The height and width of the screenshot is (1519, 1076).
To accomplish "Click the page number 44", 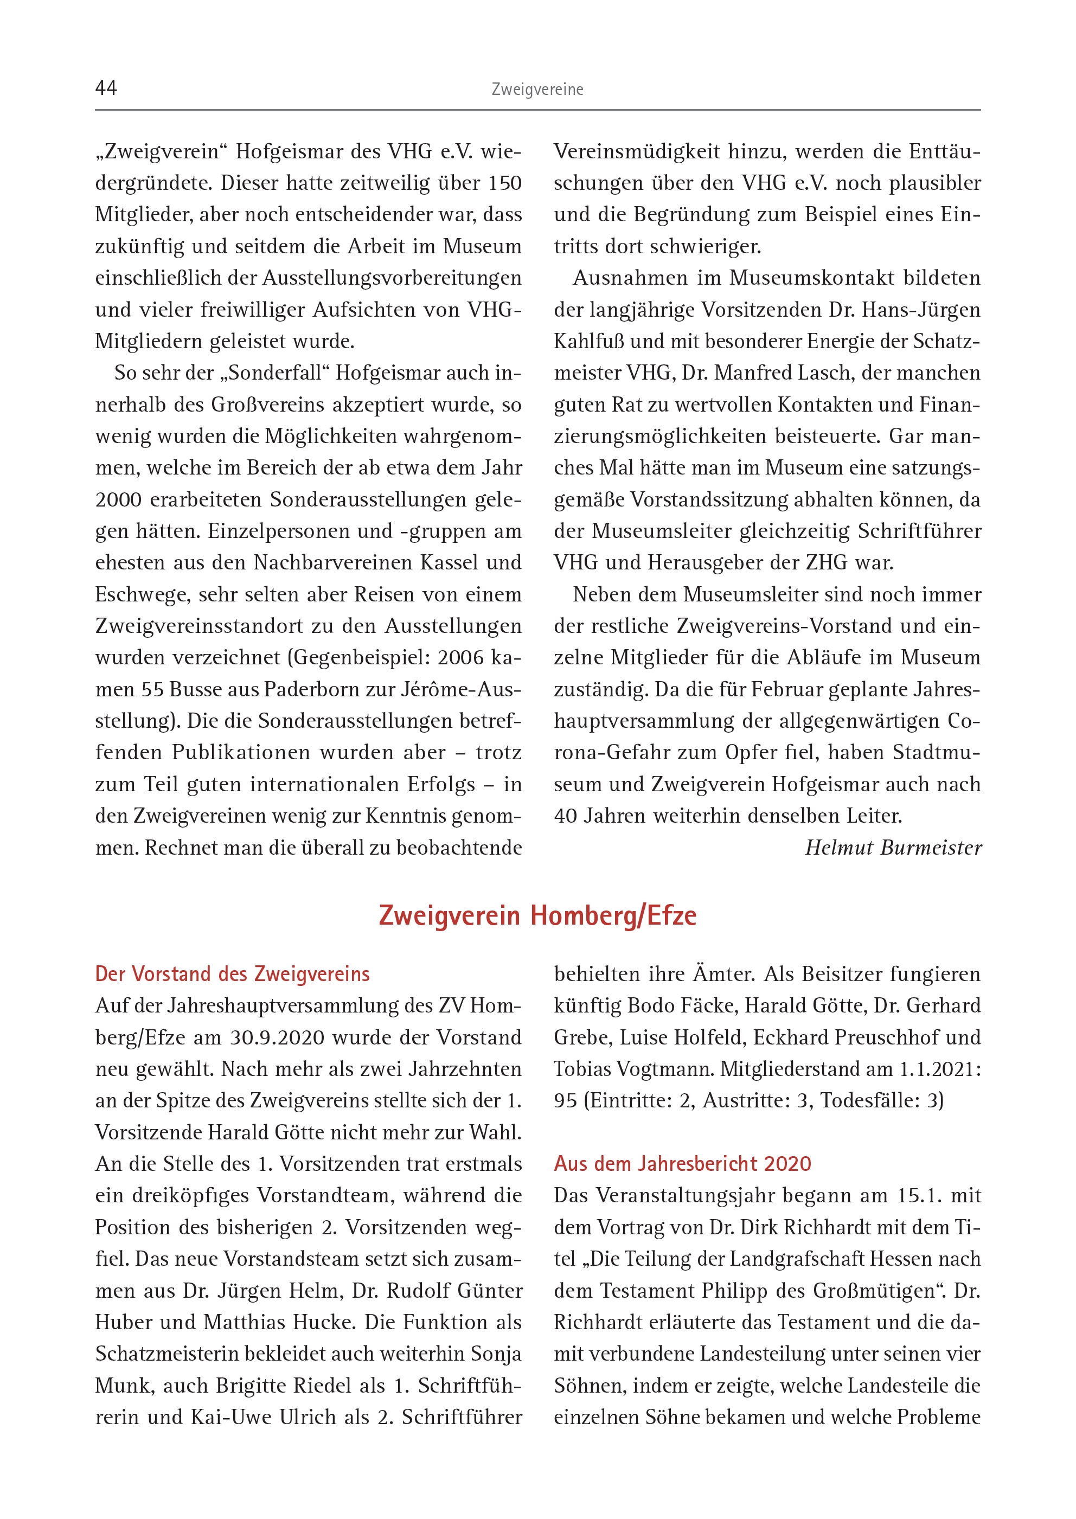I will tap(106, 88).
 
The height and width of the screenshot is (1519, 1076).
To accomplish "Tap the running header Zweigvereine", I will tap(537, 89).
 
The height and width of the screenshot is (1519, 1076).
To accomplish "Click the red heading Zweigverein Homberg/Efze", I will tap(537, 915).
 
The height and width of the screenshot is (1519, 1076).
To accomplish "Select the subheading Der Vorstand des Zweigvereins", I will tap(232, 974).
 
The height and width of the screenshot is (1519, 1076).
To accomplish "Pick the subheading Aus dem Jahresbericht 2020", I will tap(682, 1164).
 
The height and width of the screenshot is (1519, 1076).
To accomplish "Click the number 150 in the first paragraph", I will tap(505, 183).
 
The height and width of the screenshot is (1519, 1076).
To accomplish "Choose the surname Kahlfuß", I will tap(589, 342).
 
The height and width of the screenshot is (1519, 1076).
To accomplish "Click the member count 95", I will tap(565, 1101).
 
